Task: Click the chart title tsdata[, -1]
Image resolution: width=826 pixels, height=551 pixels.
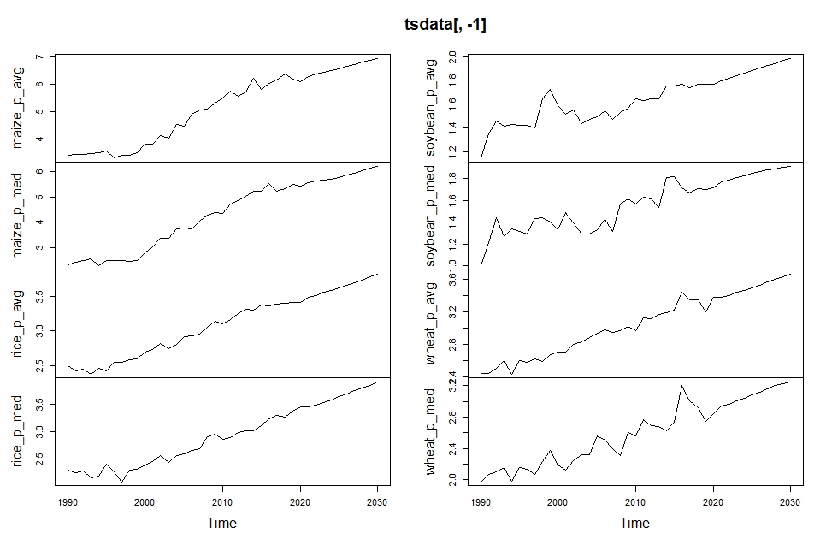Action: [x=445, y=25]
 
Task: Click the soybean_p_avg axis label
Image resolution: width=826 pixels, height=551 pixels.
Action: [x=432, y=107]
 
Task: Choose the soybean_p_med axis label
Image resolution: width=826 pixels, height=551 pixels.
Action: [x=432, y=216]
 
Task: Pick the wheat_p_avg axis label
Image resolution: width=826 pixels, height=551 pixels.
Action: [x=432, y=323]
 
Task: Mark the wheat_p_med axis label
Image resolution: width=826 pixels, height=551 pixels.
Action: [x=432, y=431]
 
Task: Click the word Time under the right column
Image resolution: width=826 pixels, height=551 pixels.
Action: [x=634, y=523]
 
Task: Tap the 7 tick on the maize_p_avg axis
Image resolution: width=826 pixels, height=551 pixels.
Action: [x=38, y=57]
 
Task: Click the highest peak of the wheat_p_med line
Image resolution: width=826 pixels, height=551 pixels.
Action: [x=682, y=386]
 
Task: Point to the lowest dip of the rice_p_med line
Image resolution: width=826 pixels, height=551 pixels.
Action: [x=122, y=483]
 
